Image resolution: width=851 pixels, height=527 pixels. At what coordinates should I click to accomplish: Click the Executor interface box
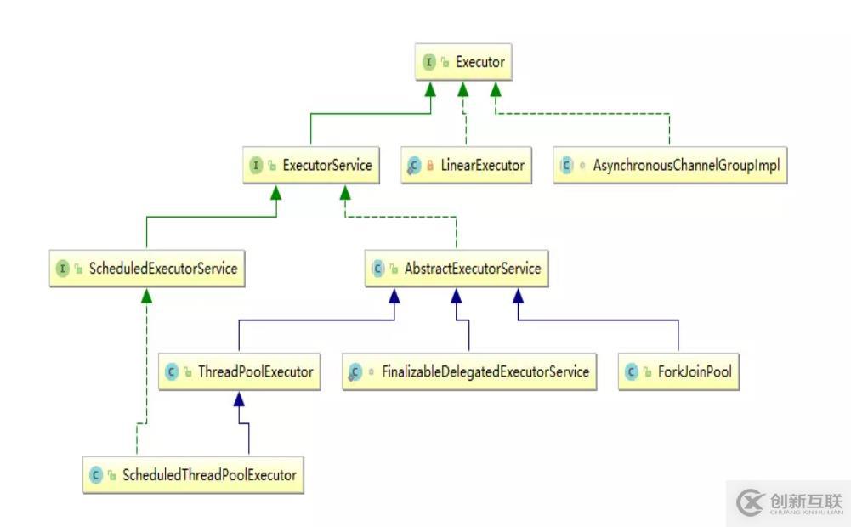coord(463,62)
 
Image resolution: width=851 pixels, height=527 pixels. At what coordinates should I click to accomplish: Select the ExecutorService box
coord(311,165)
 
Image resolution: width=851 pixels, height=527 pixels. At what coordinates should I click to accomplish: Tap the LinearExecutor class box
coord(466,165)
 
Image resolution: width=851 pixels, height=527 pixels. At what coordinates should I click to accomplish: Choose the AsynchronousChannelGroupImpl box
coord(670,165)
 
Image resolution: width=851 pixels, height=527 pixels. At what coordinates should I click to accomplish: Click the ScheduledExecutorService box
coord(147,268)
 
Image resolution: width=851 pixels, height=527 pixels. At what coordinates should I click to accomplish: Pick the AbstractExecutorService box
coord(457,268)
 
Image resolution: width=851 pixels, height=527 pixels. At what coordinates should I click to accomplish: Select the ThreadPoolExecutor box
coord(240,371)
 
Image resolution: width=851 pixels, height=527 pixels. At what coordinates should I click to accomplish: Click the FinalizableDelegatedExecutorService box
coord(469,371)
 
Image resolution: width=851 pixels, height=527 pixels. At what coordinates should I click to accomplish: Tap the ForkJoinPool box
coord(678,371)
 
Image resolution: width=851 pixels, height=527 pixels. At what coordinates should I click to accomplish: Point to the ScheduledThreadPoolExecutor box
coord(193,475)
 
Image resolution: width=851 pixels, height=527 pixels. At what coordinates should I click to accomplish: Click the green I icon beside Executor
coord(428,62)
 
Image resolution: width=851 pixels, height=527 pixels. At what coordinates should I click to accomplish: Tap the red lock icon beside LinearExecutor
coord(430,165)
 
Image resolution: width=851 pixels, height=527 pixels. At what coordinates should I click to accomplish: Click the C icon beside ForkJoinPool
coord(631,371)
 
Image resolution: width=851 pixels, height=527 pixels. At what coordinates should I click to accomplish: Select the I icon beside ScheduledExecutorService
coord(62,268)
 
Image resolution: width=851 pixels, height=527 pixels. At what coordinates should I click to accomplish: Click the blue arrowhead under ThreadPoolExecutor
coord(239,399)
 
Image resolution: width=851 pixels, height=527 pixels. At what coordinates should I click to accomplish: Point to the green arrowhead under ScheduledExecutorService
coord(146,296)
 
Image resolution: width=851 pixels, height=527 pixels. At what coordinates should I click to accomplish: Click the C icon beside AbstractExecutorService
coord(377,268)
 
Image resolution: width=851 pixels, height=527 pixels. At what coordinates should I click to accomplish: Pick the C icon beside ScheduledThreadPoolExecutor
coord(96,475)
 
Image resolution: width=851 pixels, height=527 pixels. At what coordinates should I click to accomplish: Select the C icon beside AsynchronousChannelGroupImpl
coord(566,165)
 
